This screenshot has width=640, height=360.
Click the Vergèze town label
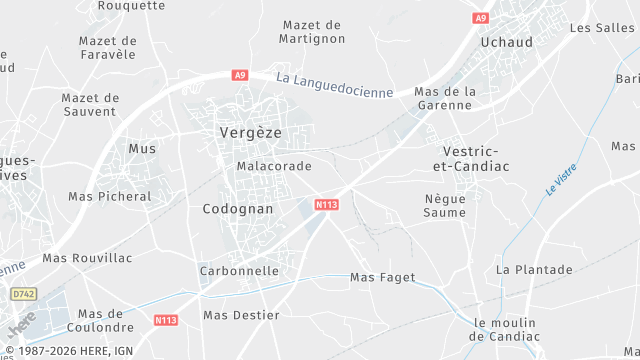(250, 132)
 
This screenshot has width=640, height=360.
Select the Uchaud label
(506, 42)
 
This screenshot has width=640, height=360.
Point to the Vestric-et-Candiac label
(468, 156)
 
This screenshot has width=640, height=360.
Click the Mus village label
(142, 148)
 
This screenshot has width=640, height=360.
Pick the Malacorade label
(274, 166)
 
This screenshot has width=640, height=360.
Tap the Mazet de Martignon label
(313, 32)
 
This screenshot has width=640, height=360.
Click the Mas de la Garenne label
(444, 98)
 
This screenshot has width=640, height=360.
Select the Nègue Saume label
(445, 205)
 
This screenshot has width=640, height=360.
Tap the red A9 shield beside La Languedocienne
(239, 75)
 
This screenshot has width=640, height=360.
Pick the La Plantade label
(534, 270)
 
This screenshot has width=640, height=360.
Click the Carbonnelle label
(239, 271)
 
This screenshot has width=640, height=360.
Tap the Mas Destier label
(241, 315)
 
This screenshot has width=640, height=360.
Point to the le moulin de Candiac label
(505, 329)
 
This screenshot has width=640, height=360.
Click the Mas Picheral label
(110, 197)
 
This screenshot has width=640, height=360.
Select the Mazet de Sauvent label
(90, 105)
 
